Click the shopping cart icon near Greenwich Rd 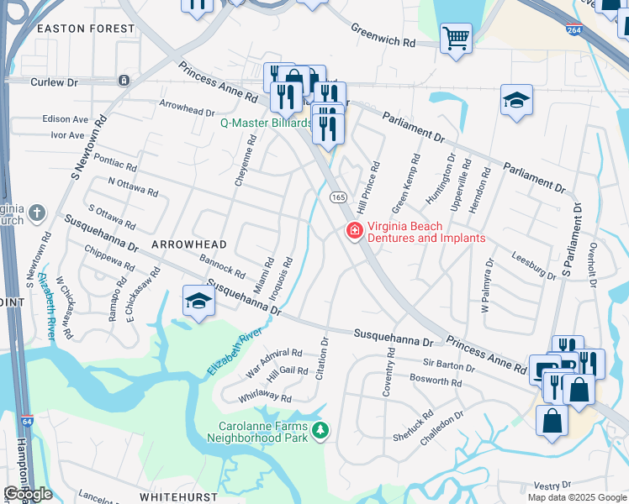click(456, 38)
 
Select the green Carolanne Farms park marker click(320, 432)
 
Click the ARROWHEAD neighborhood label click(189, 244)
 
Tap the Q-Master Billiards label click(266, 123)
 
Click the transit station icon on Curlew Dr click(124, 81)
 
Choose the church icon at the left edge click(37, 213)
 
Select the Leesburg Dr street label click(534, 268)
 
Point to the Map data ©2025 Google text click(577, 497)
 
